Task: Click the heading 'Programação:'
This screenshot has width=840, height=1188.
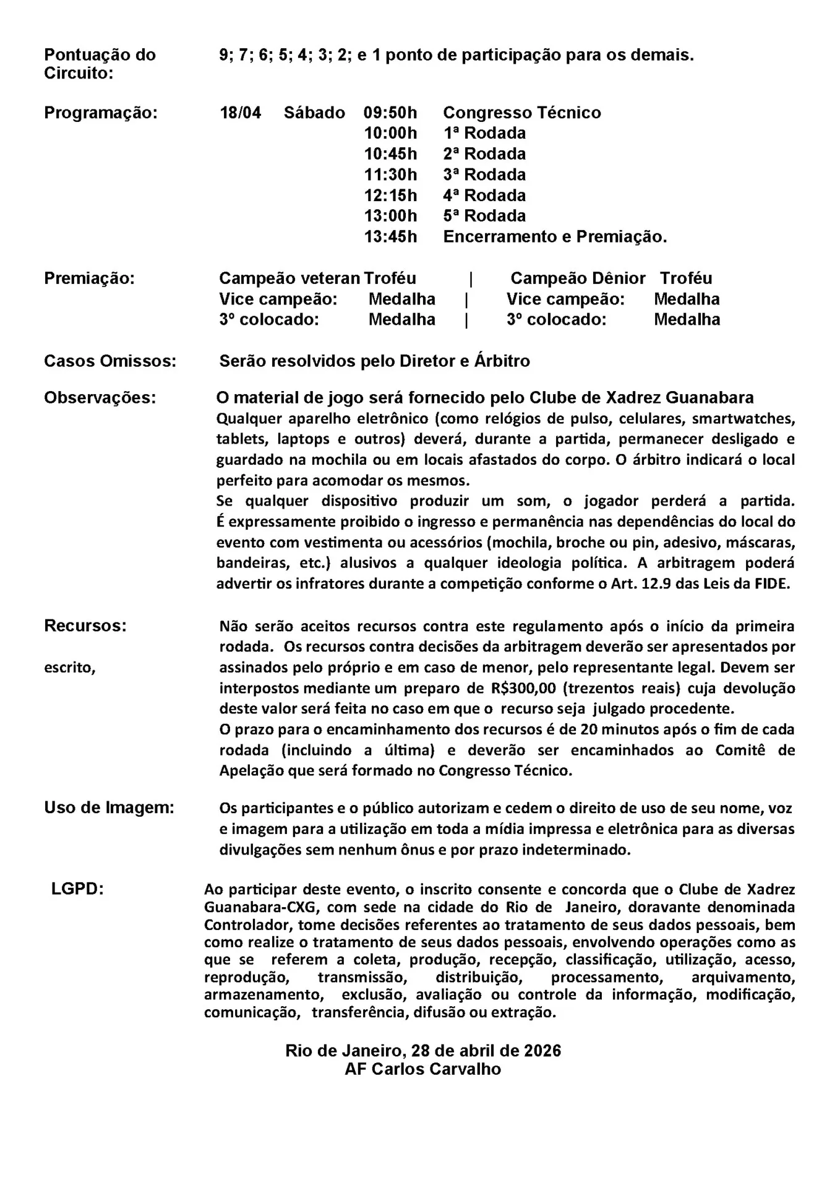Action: click(x=101, y=113)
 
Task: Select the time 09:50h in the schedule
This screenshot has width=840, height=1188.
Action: click(x=390, y=113)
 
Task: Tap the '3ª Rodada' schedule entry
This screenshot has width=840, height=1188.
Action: click(x=484, y=175)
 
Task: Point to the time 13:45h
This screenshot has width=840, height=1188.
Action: click(x=390, y=237)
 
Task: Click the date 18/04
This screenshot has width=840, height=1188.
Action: click(x=241, y=113)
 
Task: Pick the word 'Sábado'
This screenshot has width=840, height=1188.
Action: click(x=314, y=113)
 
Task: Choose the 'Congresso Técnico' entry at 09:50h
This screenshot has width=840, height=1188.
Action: click(x=522, y=113)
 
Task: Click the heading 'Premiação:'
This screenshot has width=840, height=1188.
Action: click(x=89, y=278)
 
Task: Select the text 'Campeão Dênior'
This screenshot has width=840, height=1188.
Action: click(x=578, y=278)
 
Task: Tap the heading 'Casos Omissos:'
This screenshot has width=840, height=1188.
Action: click(x=110, y=361)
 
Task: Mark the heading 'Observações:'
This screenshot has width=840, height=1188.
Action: click(x=100, y=398)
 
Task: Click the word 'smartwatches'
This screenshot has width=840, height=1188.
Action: click(x=744, y=419)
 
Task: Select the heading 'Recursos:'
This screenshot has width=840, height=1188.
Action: click(x=85, y=626)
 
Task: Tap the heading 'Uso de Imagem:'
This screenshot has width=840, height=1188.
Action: click(x=109, y=807)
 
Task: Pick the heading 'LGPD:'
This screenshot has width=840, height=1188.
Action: click(x=77, y=889)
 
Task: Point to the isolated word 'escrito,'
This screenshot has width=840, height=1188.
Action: click(x=70, y=668)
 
